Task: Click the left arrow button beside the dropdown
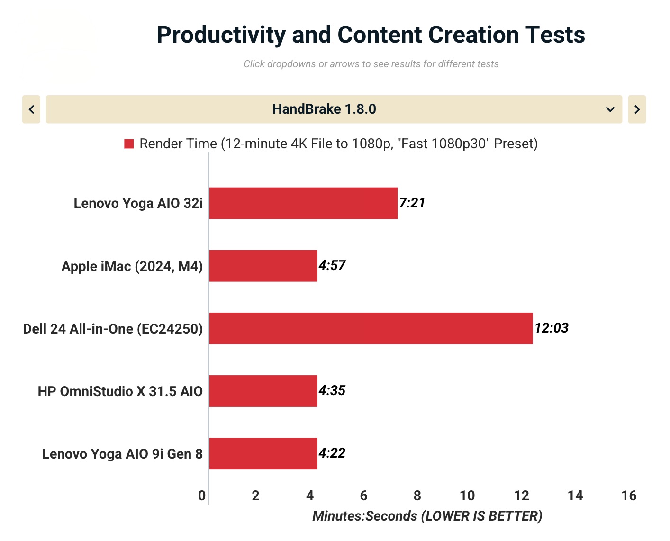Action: [31, 109]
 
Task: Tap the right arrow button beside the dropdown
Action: [637, 109]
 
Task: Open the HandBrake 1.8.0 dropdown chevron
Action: [610, 109]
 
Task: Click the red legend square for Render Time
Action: [129, 144]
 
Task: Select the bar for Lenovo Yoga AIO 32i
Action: [303, 203]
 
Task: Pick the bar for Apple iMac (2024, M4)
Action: [263, 266]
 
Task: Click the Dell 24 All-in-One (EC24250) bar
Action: [371, 328]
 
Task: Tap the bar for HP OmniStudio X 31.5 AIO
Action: [263, 391]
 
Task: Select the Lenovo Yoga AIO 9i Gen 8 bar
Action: [263, 453]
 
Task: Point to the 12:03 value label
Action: [552, 328]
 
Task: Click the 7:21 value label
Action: [412, 203]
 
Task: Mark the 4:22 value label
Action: [332, 453]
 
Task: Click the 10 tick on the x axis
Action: [467, 496]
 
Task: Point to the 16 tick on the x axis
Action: [629, 496]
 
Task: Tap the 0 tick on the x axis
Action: [202, 496]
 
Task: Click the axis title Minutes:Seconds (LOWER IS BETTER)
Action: [427, 516]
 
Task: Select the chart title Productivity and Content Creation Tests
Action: [371, 35]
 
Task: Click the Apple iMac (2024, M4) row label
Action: [132, 266]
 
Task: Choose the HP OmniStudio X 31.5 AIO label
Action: [120, 391]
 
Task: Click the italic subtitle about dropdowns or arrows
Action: [371, 64]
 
